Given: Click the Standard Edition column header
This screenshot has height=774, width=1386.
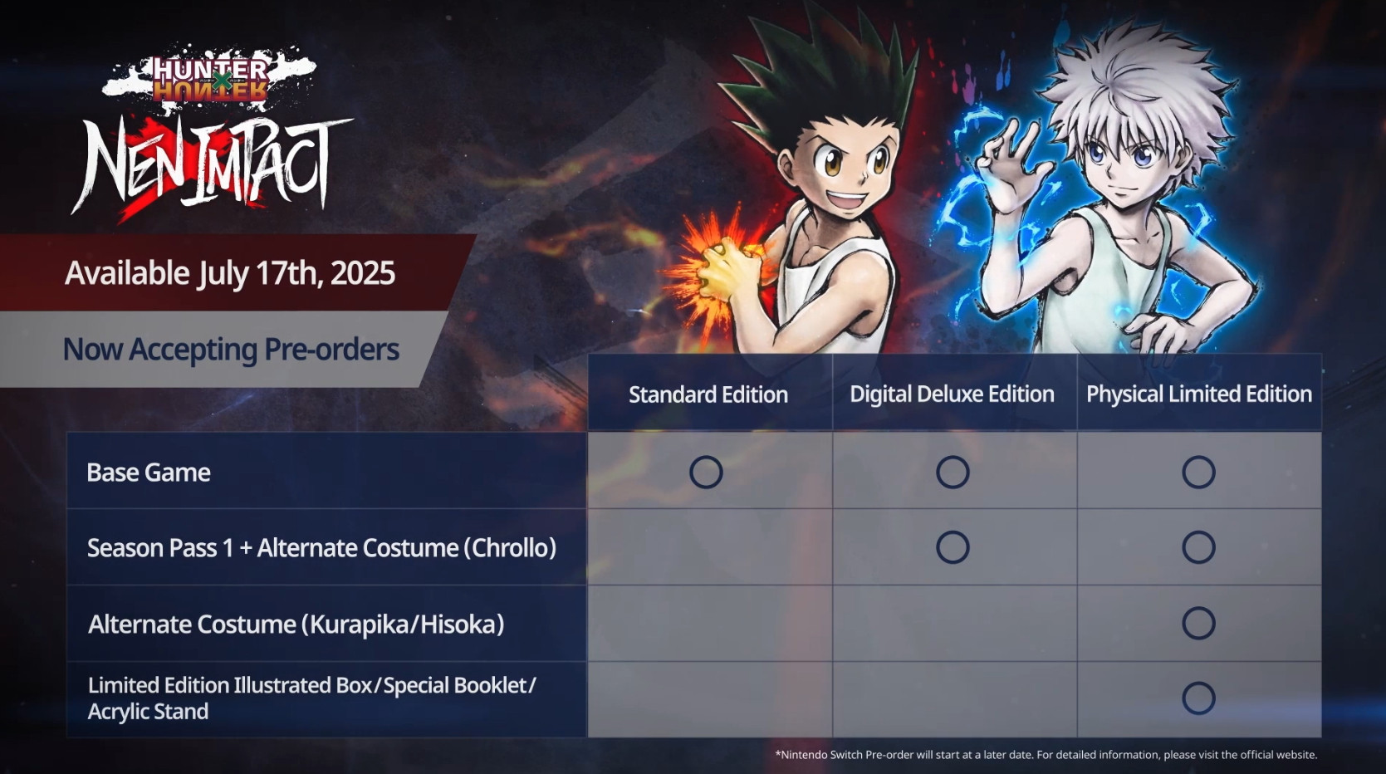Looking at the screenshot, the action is click(708, 394).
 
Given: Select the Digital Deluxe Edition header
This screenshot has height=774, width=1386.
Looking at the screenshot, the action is click(952, 394).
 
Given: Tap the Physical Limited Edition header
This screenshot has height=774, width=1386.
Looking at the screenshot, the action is click(1199, 394).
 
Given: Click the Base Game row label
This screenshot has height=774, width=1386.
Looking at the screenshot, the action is click(149, 473).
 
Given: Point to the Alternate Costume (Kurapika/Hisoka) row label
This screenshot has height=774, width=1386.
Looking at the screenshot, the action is click(296, 625).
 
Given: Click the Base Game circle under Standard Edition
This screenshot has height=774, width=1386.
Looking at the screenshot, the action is click(706, 473).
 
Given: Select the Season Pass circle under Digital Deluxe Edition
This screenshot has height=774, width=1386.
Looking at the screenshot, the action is click(953, 547).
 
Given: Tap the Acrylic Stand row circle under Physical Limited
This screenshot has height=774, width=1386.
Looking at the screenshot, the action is click(1198, 698).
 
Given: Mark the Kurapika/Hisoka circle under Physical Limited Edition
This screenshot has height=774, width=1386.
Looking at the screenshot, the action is click(1198, 623).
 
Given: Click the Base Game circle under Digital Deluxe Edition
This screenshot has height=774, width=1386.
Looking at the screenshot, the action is click(953, 473).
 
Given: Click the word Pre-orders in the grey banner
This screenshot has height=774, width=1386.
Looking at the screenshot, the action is click(331, 350).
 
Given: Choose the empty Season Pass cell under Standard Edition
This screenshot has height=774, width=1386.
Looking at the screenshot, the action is click(710, 547).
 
